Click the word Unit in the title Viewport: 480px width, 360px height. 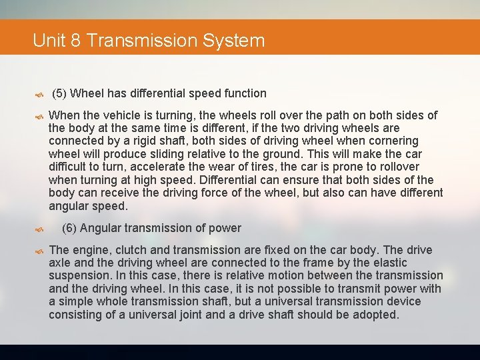[48, 41]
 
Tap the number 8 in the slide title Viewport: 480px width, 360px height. [75, 41]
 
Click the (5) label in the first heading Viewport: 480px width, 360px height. [59, 93]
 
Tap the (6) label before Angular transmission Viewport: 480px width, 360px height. [69, 228]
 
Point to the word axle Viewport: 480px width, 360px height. [61, 263]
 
